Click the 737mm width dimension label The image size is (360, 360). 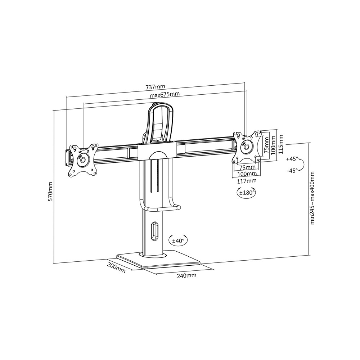[x=156, y=87]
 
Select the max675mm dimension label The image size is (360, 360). [x=165, y=94]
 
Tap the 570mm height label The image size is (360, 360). [x=50, y=192]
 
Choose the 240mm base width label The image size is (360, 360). [x=186, y=275]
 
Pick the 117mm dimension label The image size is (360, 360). [x=247, y=181]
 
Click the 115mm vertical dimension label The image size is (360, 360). [x=280, y=144]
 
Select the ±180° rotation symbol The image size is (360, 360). [x=246, y=193]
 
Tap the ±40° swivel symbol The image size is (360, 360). [x=178, y=240]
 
